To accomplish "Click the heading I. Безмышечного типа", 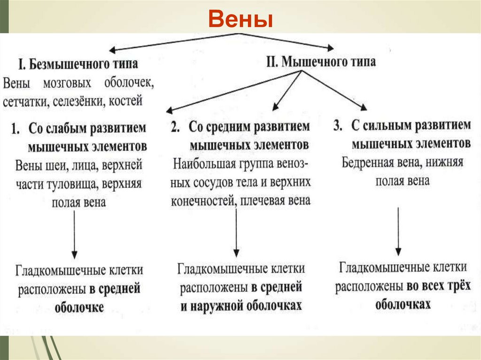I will (x=78, y=64).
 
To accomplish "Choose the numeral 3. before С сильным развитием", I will (x=337, y=126).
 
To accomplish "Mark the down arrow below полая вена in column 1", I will (x=75, y=235).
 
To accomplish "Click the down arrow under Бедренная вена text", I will (x=398, y=230).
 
